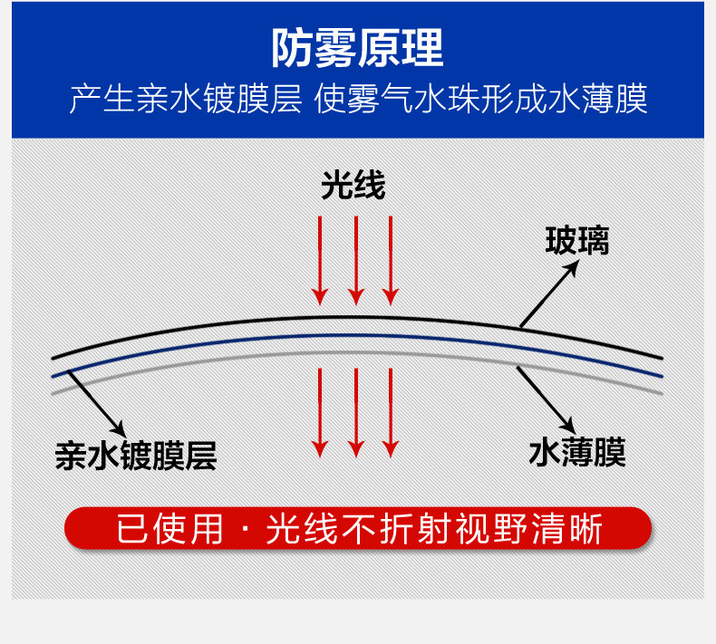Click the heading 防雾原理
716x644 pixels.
358,48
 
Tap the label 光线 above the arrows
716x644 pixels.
353,186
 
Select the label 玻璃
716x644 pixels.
576,240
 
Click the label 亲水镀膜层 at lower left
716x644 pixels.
136,456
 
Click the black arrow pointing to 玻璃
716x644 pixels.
548,293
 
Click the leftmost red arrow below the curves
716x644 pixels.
319,412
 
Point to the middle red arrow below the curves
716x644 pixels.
356,412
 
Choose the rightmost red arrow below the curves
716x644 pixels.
391,412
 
